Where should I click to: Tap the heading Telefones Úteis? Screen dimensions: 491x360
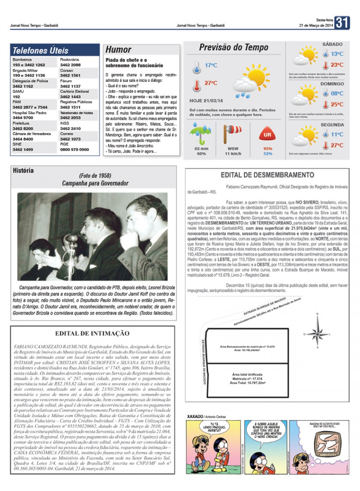click(x=40, y=51)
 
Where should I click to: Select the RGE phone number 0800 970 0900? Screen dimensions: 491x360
click(x=75, y=149)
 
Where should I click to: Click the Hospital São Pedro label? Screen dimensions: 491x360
click(x=30, y=113)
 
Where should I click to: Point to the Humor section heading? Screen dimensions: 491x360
click(x=118, y=50)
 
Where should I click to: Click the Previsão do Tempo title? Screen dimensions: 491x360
click(x=233, y=47)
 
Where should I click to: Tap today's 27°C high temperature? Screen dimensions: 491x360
click(x=211, y=83)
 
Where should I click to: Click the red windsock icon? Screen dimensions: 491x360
click(x=232, y=133)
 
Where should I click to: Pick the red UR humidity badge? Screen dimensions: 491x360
click(x=267, y=135)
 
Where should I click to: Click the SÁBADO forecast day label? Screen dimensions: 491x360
click(x=332, y=44)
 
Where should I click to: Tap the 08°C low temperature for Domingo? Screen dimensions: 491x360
click(x=337, y=94)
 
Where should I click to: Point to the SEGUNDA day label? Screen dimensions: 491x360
click(x=332, y=125)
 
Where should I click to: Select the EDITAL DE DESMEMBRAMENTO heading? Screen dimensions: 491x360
click(x=267, y=175)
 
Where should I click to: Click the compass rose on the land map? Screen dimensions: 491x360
click(x=317, y=331)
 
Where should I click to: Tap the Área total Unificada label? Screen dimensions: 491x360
click(x=248, y=374)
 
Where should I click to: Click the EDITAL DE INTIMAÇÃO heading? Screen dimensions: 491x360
click(x=92, y=333)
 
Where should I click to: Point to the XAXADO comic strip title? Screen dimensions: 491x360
click(x=195, y=416)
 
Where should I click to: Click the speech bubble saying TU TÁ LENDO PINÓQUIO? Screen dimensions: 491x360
click(x=214, y=427)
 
